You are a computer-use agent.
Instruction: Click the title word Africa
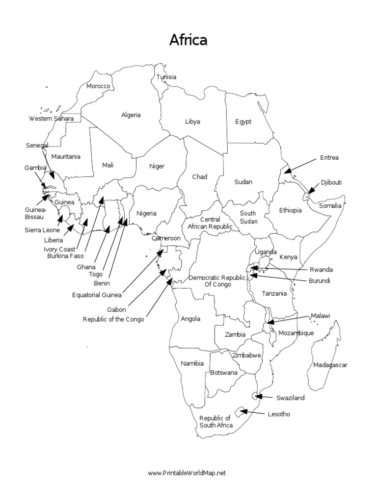click(x=188, y=40)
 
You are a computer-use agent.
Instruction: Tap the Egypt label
click(x=242, y=122)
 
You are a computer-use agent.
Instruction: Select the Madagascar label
click(x=330, y=365)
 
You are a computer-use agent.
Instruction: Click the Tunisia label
click(x=166, y=77)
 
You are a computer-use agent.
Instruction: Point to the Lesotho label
click(x=278, y=414)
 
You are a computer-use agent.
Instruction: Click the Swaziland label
click(x=290, y=398)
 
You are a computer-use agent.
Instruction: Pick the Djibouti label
click(x=331, y=182)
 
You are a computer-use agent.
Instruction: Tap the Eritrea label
click(x=329, y=157)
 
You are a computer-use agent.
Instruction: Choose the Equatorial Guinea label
click(x=97, y=295)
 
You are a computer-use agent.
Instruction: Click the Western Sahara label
click(x=51, y=118)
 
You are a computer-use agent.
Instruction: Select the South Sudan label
click(x=248, y=217)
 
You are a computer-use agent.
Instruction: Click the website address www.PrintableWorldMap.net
click(x=188, y=473)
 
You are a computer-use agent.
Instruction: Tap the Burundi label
click(x=319, y=281)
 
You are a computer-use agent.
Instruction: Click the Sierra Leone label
click(x=43, y=229)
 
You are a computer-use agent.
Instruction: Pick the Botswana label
click(x=224, y=373)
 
